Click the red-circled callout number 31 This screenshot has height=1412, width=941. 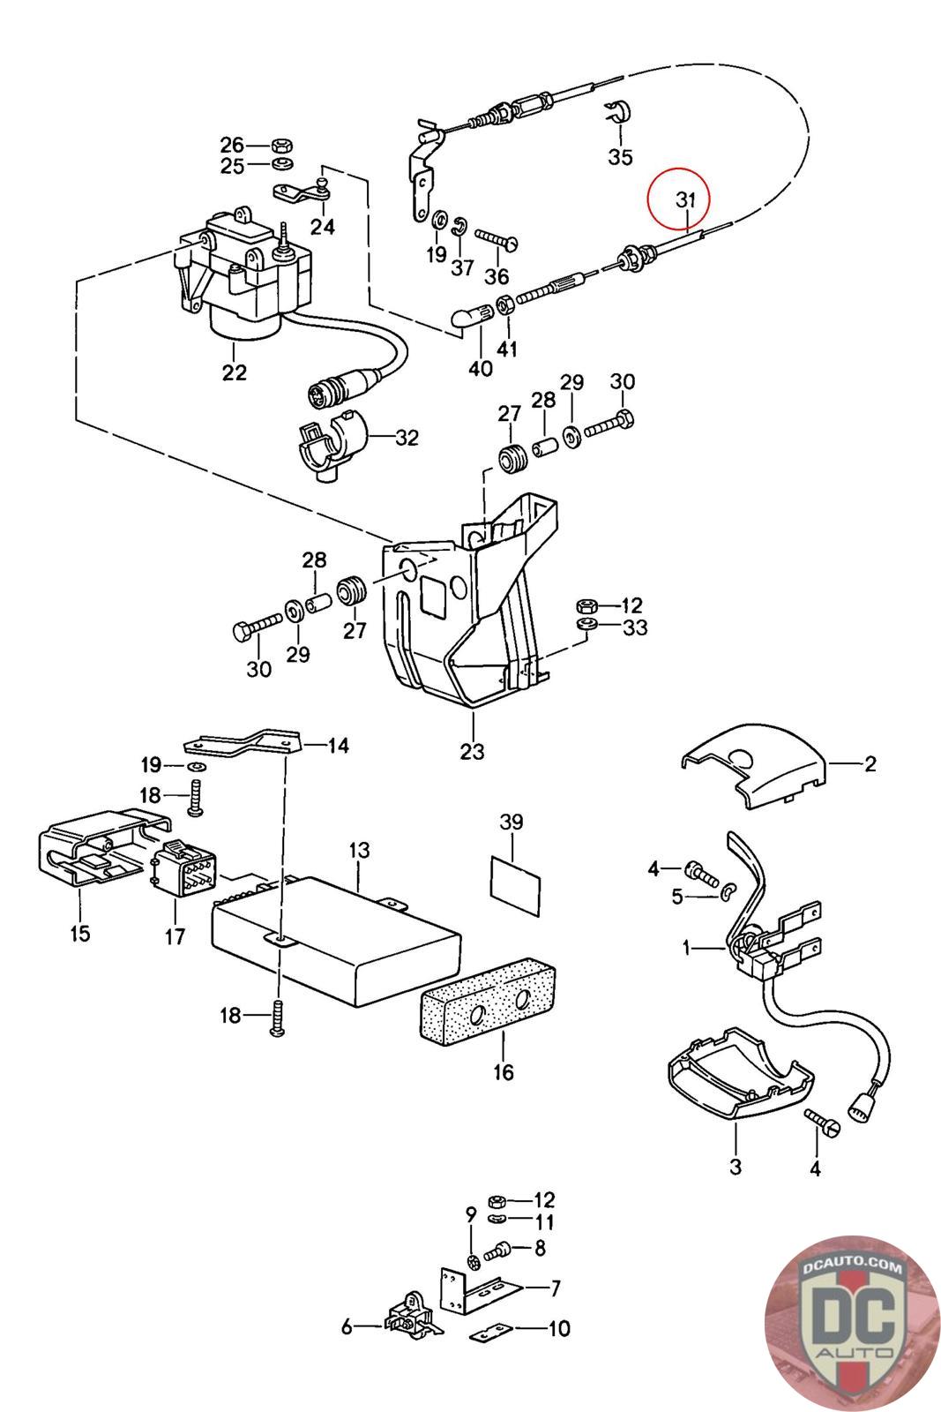[685, 200]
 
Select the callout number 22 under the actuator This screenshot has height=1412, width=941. [234, 372]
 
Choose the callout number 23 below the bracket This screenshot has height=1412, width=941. [472, 751]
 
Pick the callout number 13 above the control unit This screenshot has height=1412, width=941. [359, 851]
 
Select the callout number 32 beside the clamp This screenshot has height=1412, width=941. [407, 438]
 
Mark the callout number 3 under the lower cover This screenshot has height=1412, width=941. [736, 1167]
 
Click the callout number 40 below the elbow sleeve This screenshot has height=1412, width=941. [480, 369]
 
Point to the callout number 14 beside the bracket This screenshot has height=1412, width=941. [338, 746]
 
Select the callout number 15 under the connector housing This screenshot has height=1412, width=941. [80, 933]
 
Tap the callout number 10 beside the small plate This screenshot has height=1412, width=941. [559, 1328]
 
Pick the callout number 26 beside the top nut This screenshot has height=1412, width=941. [231, 144]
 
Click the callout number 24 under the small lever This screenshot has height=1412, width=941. [323, 227]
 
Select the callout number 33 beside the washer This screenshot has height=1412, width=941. [634, 627]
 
